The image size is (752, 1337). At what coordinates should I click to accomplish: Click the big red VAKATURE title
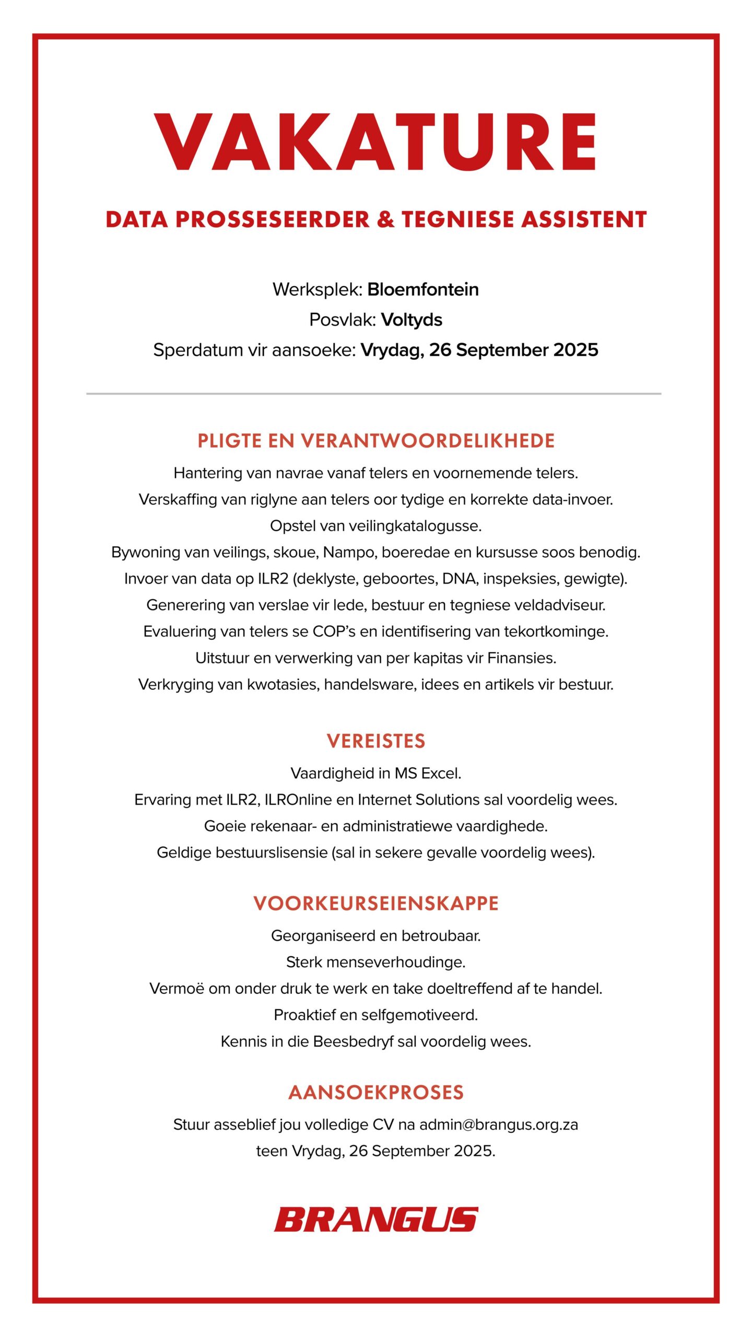pyautogui.click(x=375, y=142)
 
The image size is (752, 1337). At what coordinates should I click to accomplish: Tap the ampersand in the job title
pyautogui.click(x=385, y=219)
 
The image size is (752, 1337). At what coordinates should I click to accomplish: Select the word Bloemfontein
pyautogui.click(x=423, y=289)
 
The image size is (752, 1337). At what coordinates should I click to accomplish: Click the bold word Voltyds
pyautogui.click(x=412, y=320)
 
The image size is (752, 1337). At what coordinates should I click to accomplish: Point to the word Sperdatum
pyautogui.click(x=198, y=350)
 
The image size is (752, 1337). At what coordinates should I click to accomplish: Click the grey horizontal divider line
pyautogui.click(x=374, y=394)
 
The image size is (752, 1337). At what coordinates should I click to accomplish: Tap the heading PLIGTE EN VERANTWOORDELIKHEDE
pyautogui.click(x=375, y=441)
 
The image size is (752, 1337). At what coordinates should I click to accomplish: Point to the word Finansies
pyautogui.click(x=521, y=658)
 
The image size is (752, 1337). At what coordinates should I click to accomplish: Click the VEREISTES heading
pyautogui.click(x=376, y=741)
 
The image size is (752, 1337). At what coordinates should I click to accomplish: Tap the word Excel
pyautogui.click(x=441, y=773)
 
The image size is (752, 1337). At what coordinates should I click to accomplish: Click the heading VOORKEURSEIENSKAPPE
pyautogui.click(x=376, y=904)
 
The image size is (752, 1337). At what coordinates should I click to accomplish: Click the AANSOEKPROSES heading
pyautogui.click(x=376, y=1093)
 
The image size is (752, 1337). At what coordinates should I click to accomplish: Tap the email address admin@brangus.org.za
pyautogui.click(x=499, y=1124)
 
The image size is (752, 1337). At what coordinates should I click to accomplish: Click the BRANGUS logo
pyautogui.click(x=376, y=1219)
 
